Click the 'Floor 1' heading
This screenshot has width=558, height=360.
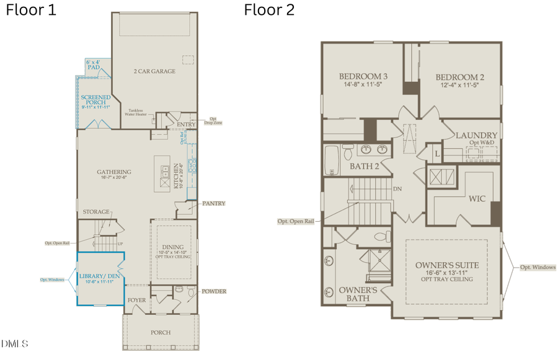click(30, 11)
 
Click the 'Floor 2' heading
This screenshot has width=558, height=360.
click(269, 10)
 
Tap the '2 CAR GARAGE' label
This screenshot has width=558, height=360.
click(154, 71)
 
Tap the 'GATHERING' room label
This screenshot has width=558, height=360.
click(114, 172)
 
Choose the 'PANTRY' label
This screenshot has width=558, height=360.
click(213, 203)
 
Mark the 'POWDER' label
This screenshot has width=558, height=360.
click(213, 291)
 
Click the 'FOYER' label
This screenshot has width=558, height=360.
click(136, 301)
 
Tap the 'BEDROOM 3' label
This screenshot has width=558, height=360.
click(363, 77)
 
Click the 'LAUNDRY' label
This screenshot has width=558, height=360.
click(476, 135)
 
